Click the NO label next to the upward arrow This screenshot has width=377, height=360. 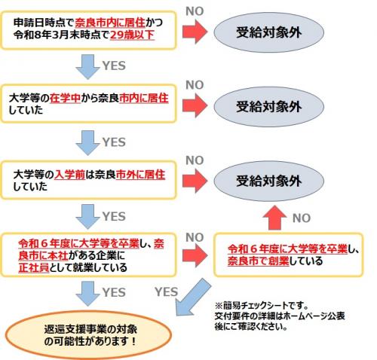301,218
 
